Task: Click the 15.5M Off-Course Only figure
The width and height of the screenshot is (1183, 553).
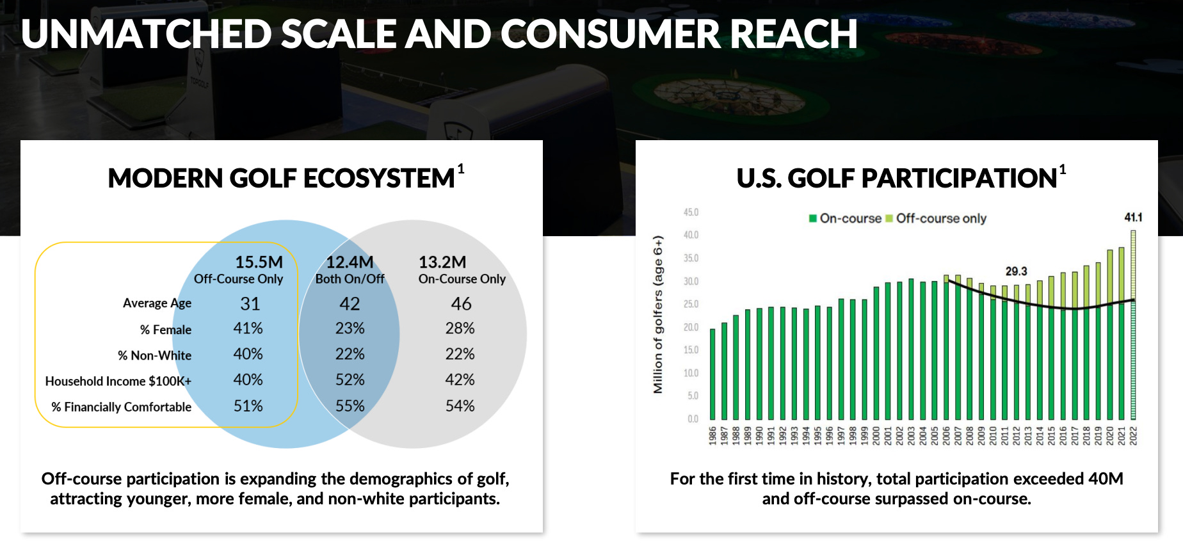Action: [259, 262]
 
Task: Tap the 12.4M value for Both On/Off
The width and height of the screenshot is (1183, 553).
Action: [350, 262]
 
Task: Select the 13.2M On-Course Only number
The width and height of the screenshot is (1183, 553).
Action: [442, 262]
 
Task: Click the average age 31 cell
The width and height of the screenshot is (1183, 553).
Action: [250, 303]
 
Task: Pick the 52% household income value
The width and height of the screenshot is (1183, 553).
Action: [350, 380]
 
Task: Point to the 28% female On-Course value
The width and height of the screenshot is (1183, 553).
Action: [460, 328]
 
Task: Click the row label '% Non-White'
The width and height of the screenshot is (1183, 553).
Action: [154, 355]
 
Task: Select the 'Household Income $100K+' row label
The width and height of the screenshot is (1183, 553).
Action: [118, 381]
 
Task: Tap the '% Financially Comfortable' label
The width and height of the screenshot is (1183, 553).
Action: [122, 407]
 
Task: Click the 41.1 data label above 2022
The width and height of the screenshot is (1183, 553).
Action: [1133, 218]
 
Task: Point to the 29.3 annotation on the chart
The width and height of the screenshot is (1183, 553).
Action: [1016, 271]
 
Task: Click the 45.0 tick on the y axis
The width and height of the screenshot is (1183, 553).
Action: [691, 212]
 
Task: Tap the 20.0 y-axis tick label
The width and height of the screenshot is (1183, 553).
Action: [691, 327]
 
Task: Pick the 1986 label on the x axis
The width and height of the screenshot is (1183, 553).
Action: [712, 435]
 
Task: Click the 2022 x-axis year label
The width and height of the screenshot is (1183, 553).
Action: [1133, 435]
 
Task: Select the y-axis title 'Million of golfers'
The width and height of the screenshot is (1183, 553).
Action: [658, 314]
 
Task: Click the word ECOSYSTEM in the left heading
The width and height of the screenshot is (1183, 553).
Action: [378, 178]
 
